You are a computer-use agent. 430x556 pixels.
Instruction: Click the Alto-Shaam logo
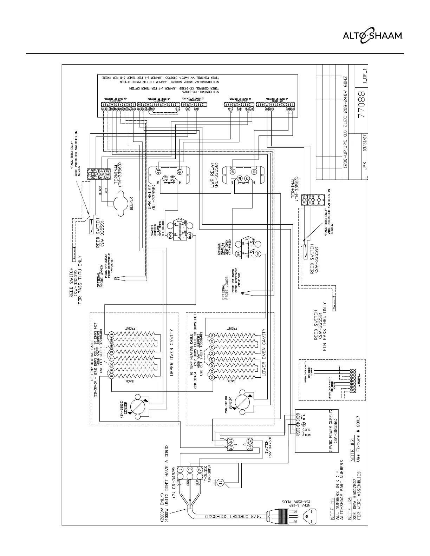[373, 35]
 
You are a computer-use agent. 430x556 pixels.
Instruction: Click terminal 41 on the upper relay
[158, 172]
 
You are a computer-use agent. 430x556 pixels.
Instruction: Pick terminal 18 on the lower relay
[254, 172]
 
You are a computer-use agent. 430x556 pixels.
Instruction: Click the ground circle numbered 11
[220, 483]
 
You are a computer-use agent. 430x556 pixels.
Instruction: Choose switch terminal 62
[250, 440]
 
